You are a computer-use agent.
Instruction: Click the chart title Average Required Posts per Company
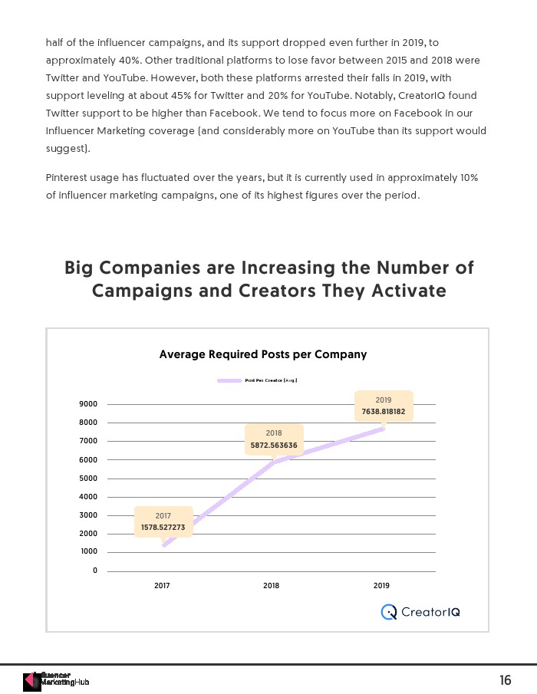point(262,354)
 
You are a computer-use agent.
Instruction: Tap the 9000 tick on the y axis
point(88,404)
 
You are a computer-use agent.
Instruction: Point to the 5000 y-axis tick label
point(88,479)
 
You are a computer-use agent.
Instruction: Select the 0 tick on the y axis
point(95,571)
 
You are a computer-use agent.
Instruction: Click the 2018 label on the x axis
point(272,586)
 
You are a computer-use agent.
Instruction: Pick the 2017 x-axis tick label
point(162,586)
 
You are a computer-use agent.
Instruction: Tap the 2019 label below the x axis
point(381,586)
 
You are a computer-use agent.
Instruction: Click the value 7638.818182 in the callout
point(384,412)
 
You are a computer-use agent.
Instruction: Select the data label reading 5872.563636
point(274,446)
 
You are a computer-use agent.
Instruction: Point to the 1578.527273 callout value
point(163,528)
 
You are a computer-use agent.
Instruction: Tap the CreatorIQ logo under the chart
point(421,612)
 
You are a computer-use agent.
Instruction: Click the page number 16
point(505,680)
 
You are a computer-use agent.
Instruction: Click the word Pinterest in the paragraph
point(68,177)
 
